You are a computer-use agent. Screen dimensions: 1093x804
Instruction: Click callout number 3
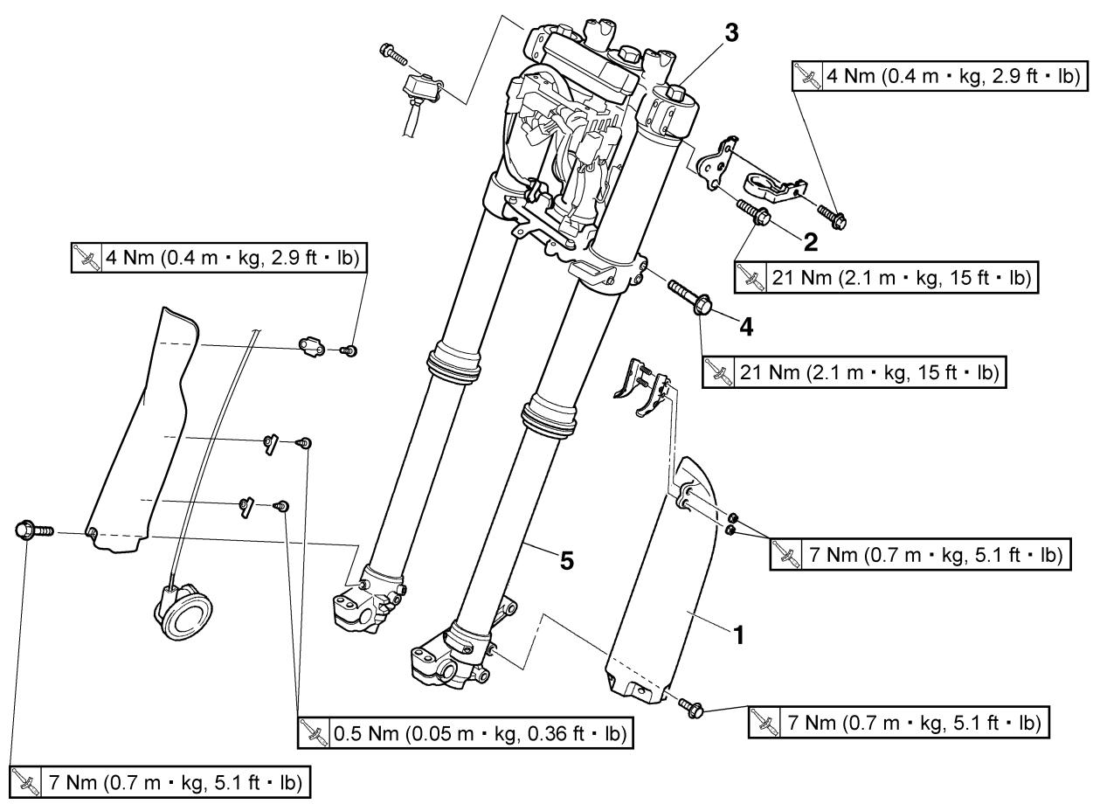731,33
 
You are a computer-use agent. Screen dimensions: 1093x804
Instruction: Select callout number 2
810,242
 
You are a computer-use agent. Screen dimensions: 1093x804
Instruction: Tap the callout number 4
746,327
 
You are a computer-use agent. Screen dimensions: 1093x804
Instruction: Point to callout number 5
566,561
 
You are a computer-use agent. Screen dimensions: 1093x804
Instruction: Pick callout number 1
740,635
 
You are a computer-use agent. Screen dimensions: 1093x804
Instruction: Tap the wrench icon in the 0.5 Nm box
313,733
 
